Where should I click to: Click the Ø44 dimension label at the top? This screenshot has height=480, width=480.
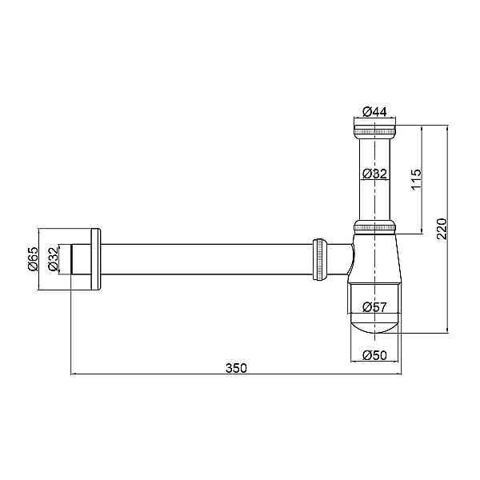click(374, 112)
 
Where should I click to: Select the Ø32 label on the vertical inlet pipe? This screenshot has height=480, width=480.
click(374, 174)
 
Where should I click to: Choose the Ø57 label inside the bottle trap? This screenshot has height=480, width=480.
click(374, 306)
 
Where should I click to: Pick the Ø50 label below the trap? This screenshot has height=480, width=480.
click(374, 354)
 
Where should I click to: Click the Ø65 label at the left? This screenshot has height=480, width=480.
click(33, 258)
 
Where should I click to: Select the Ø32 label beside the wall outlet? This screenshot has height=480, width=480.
click(53, 258)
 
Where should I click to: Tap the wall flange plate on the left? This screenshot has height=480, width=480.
click(95, 258)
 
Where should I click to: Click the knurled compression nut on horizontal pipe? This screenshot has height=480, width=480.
click(319, 258)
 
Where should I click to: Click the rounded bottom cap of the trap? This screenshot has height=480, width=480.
click(374, 325)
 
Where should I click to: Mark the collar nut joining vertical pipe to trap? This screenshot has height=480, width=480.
click(374, 227)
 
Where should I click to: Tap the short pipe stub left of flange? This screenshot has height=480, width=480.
click(81, 258)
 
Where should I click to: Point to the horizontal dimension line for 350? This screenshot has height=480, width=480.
click(160, 374)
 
